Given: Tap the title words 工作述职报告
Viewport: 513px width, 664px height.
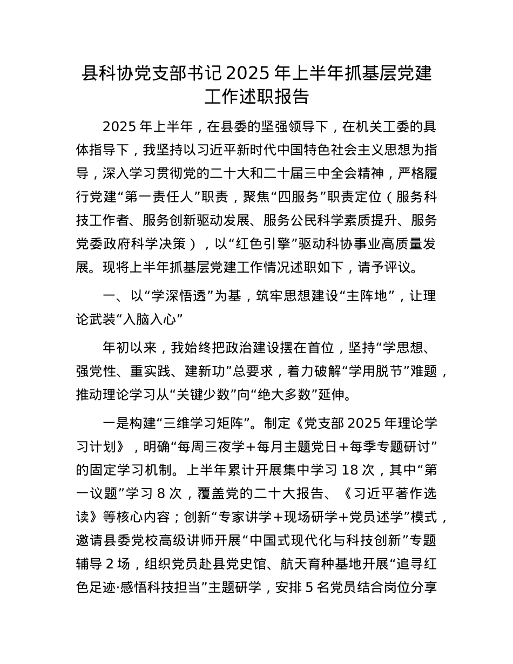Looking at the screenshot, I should (256, 96).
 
